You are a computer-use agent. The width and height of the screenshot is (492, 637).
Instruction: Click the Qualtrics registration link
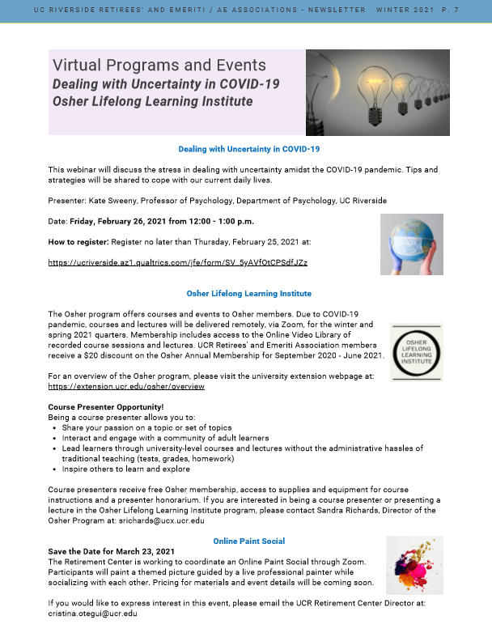coord(177,263)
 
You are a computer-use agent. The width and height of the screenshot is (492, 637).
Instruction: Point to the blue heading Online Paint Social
coord(249,541)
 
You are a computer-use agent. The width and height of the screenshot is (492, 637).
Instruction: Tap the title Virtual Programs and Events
coord(159,65)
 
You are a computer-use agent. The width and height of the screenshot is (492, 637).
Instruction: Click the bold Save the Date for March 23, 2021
coord(112,551)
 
